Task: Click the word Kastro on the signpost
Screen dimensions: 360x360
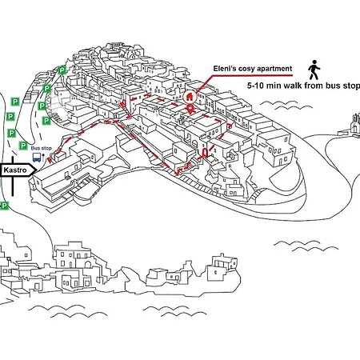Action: [x=15, y=170]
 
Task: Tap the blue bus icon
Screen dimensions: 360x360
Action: [x=37, y=157]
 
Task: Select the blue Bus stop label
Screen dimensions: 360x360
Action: [x=41, y=148]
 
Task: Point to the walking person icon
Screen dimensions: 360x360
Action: [x=314, y=70]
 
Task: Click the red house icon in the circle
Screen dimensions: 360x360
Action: [x=190, y=97]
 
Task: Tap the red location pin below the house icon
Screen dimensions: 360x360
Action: [x=190, y=110]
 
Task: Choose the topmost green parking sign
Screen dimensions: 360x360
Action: [x=62, y=70]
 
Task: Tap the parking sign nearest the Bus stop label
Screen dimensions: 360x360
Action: [x=23, y=146]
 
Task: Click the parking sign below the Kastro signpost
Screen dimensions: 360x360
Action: [x=5, y=206]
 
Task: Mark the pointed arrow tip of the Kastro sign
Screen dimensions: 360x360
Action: [x=37, y=170]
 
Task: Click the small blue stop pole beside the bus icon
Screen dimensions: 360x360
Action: [x=43, y=157]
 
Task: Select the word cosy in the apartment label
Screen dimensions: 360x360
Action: [x=246, y=69]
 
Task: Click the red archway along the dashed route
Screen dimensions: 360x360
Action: [x=205, y=153]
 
